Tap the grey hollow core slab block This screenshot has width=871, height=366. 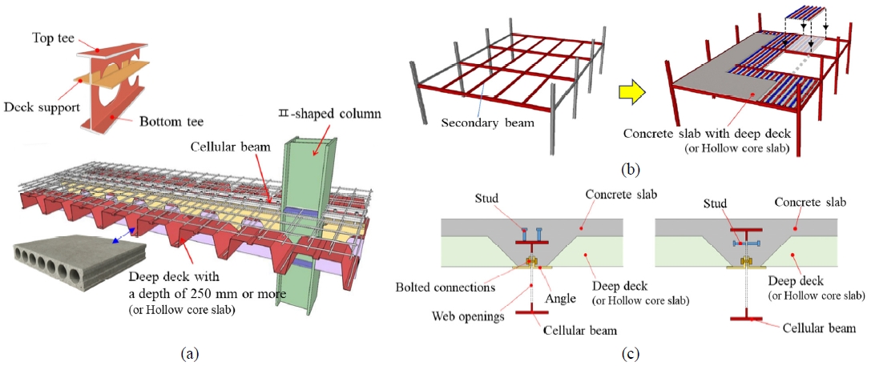pyautogui.click(x=63, y=271)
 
